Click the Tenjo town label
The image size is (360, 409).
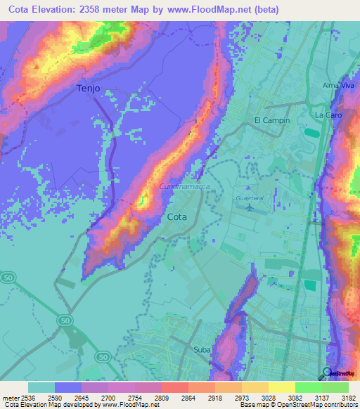[x=88, y=88]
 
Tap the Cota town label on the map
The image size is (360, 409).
[x=177, y=217]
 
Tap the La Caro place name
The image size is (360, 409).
[x=328, y=114]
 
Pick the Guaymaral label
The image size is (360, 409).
[x=250, y=199]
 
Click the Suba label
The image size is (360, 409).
[x=202, y=349]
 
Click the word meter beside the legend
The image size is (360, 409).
[x=9, y=397]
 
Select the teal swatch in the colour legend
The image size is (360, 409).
[x=41, y=387]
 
